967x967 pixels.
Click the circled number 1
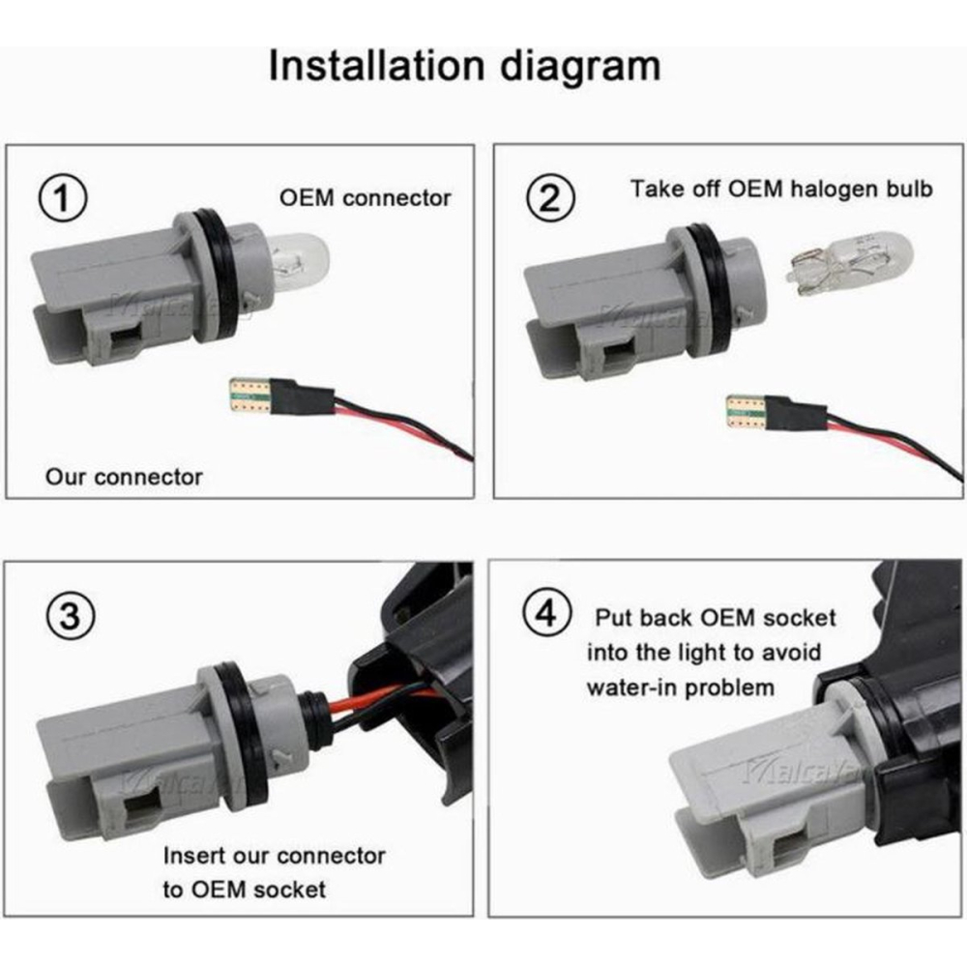click(62, 198)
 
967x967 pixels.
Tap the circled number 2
click(550, 198)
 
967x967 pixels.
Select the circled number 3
click(71, 616)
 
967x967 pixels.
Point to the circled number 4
click(547, 615)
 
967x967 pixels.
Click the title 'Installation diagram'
click(464, 66)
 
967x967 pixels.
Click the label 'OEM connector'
click(366, 198)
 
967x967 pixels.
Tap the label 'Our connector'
click(124, 477)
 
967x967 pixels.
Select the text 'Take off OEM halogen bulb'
click(781, 189)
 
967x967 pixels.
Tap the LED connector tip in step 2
click(747, 412)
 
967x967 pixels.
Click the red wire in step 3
click(382, 700)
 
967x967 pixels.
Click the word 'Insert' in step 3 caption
click(192, 856)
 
